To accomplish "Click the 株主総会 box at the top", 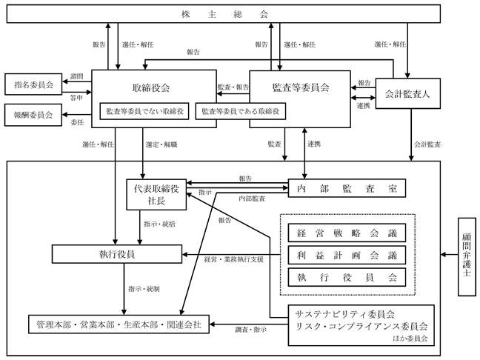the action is (x=224, y=14).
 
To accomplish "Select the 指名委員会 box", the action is (x=33, y=84).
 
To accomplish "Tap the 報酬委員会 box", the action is (x=33, y=115).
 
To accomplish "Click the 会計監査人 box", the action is (x=407, y=93).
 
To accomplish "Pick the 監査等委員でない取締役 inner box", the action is (x=144, y=111).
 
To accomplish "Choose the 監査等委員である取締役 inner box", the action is (x=241, y=111).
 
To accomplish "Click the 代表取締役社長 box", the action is (x=156, y=194).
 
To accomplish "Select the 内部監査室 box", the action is (x=347, y=188).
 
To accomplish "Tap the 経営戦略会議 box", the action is (x=347, y=233).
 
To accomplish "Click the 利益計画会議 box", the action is (x=347, y=255).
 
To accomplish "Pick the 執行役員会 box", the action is (x=347, y=277).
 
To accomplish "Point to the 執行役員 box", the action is (x=117, y=254).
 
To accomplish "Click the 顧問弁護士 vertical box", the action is (x=467, y=256).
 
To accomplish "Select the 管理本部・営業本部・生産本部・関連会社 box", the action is (x=119, y=324).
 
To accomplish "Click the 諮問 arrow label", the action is (x=76, y=76).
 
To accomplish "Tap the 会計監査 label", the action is (x=427, y=144).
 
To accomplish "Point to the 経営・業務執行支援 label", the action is (x=234, y=259).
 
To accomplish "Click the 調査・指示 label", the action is (x=250, y=330).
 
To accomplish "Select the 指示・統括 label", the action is (x=159, y=224).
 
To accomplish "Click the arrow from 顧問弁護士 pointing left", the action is (x=450, y=254).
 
